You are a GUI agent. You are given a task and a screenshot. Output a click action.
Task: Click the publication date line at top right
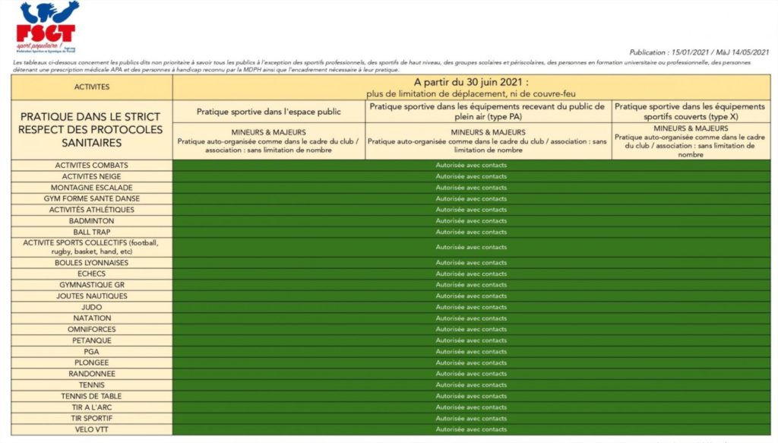(x=699, y=52)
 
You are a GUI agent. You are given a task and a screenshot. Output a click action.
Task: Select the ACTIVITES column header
(x=92, y=87)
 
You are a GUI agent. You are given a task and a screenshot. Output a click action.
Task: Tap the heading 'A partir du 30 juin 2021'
(x=471, y=82)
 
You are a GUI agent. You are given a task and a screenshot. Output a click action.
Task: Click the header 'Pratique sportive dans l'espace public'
(x=269, y=111)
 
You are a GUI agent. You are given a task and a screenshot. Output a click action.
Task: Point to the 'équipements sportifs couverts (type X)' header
(x=691, y=111)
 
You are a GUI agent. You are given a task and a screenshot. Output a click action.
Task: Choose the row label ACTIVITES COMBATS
(x=92, y=165)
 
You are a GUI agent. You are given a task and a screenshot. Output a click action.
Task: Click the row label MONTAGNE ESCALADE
(x=92, y=187)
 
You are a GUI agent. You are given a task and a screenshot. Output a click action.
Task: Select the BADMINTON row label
(x=92, y=220)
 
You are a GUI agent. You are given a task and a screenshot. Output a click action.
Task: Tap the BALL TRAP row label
(x=92, y=232)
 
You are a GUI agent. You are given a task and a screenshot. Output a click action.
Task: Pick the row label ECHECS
(x=92, y=274)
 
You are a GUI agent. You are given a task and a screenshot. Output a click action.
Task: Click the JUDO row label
(x=92, y=307)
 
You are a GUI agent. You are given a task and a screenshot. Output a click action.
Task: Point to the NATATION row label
(x=92, y=318)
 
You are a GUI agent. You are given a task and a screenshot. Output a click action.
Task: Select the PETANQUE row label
(x=92, y=340)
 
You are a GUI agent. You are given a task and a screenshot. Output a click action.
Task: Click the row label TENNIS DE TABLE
(x=92, y=396)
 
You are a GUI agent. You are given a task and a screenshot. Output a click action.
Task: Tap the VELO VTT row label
(x=92, y=429)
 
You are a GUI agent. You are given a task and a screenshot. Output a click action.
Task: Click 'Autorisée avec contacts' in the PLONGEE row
(x=471, y=362)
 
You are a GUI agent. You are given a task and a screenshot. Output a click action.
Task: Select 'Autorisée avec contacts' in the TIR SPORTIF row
(x=471, y=418)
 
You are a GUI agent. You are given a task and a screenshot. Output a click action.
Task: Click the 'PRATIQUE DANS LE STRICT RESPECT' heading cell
(x=92, y=129)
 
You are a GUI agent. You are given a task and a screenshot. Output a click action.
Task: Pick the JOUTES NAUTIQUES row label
(x=92, y=296)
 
